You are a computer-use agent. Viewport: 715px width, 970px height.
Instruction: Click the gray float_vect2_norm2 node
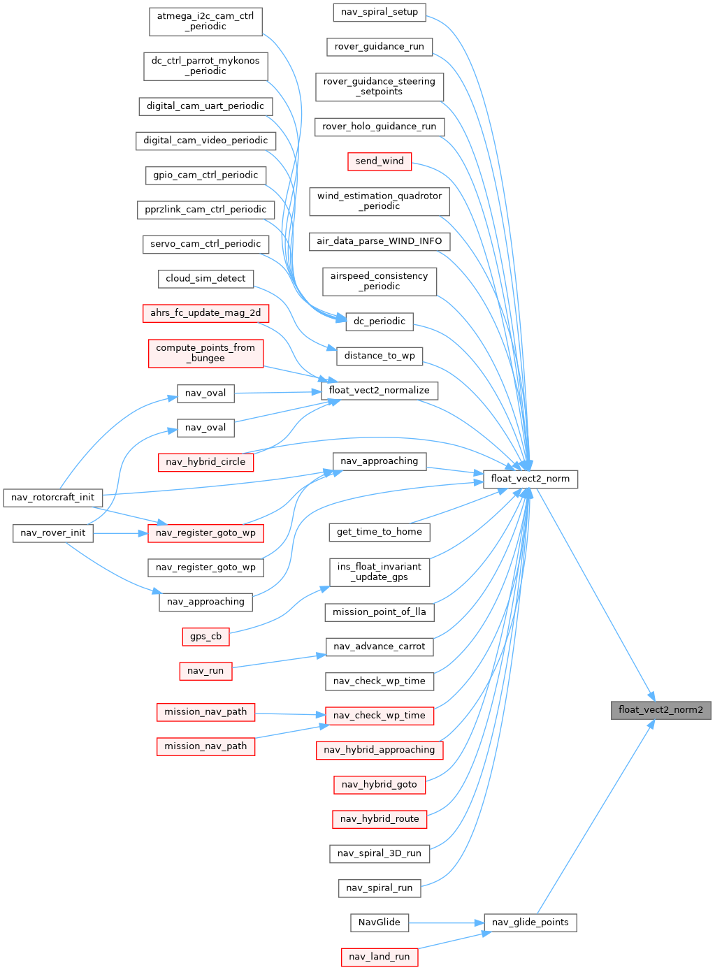pyautogui.click(x=660, y=710)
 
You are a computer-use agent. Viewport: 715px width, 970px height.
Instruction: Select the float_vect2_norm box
pyautogui.click(x=530, y=479)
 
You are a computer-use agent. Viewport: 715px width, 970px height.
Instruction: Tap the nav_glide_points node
pyautogui.click(x=530, y=922)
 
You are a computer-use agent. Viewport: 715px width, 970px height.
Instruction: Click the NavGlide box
pyautogui.click(x=379, y=922)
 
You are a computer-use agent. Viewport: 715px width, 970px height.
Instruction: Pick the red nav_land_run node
pyautogui.click(x=379, y=957)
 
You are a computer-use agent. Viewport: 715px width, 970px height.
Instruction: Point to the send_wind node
pyautogui.click(x=380, y=161)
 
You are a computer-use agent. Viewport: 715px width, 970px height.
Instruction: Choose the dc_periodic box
pyautogui.click(x=380, y=321)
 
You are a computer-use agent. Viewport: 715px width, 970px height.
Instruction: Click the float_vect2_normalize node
pyautogui.click(x=380, y=391)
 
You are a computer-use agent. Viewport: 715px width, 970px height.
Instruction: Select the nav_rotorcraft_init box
pyautogui.click(x=53, y=498)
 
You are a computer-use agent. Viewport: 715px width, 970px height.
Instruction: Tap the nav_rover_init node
pyautogui.click(x=53, y=533)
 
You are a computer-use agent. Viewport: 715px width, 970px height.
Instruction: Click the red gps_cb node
pyautogui.click(x=205, y=637)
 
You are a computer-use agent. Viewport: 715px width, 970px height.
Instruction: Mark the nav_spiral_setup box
pyautogui.click(x=380, y=12)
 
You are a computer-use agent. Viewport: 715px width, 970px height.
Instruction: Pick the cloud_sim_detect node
pyautogui.click(x=205, y=279)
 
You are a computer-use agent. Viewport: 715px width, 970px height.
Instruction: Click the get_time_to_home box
pyautogui.click(x=380, y=532)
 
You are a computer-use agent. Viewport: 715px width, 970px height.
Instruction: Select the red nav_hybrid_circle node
pyautogui.click(x=205, y=462)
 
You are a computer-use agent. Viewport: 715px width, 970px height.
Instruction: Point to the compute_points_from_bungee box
pyautogui.click(x=205, y=353)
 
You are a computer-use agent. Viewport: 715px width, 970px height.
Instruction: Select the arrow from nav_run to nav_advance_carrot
pyautogui.click(x=280, y=661)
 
